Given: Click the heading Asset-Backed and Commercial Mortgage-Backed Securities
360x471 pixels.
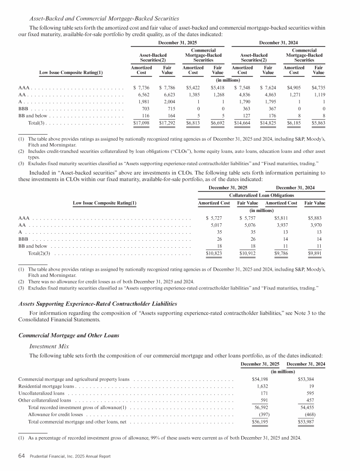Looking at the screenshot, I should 104,19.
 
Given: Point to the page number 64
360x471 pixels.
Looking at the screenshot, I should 21,456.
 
